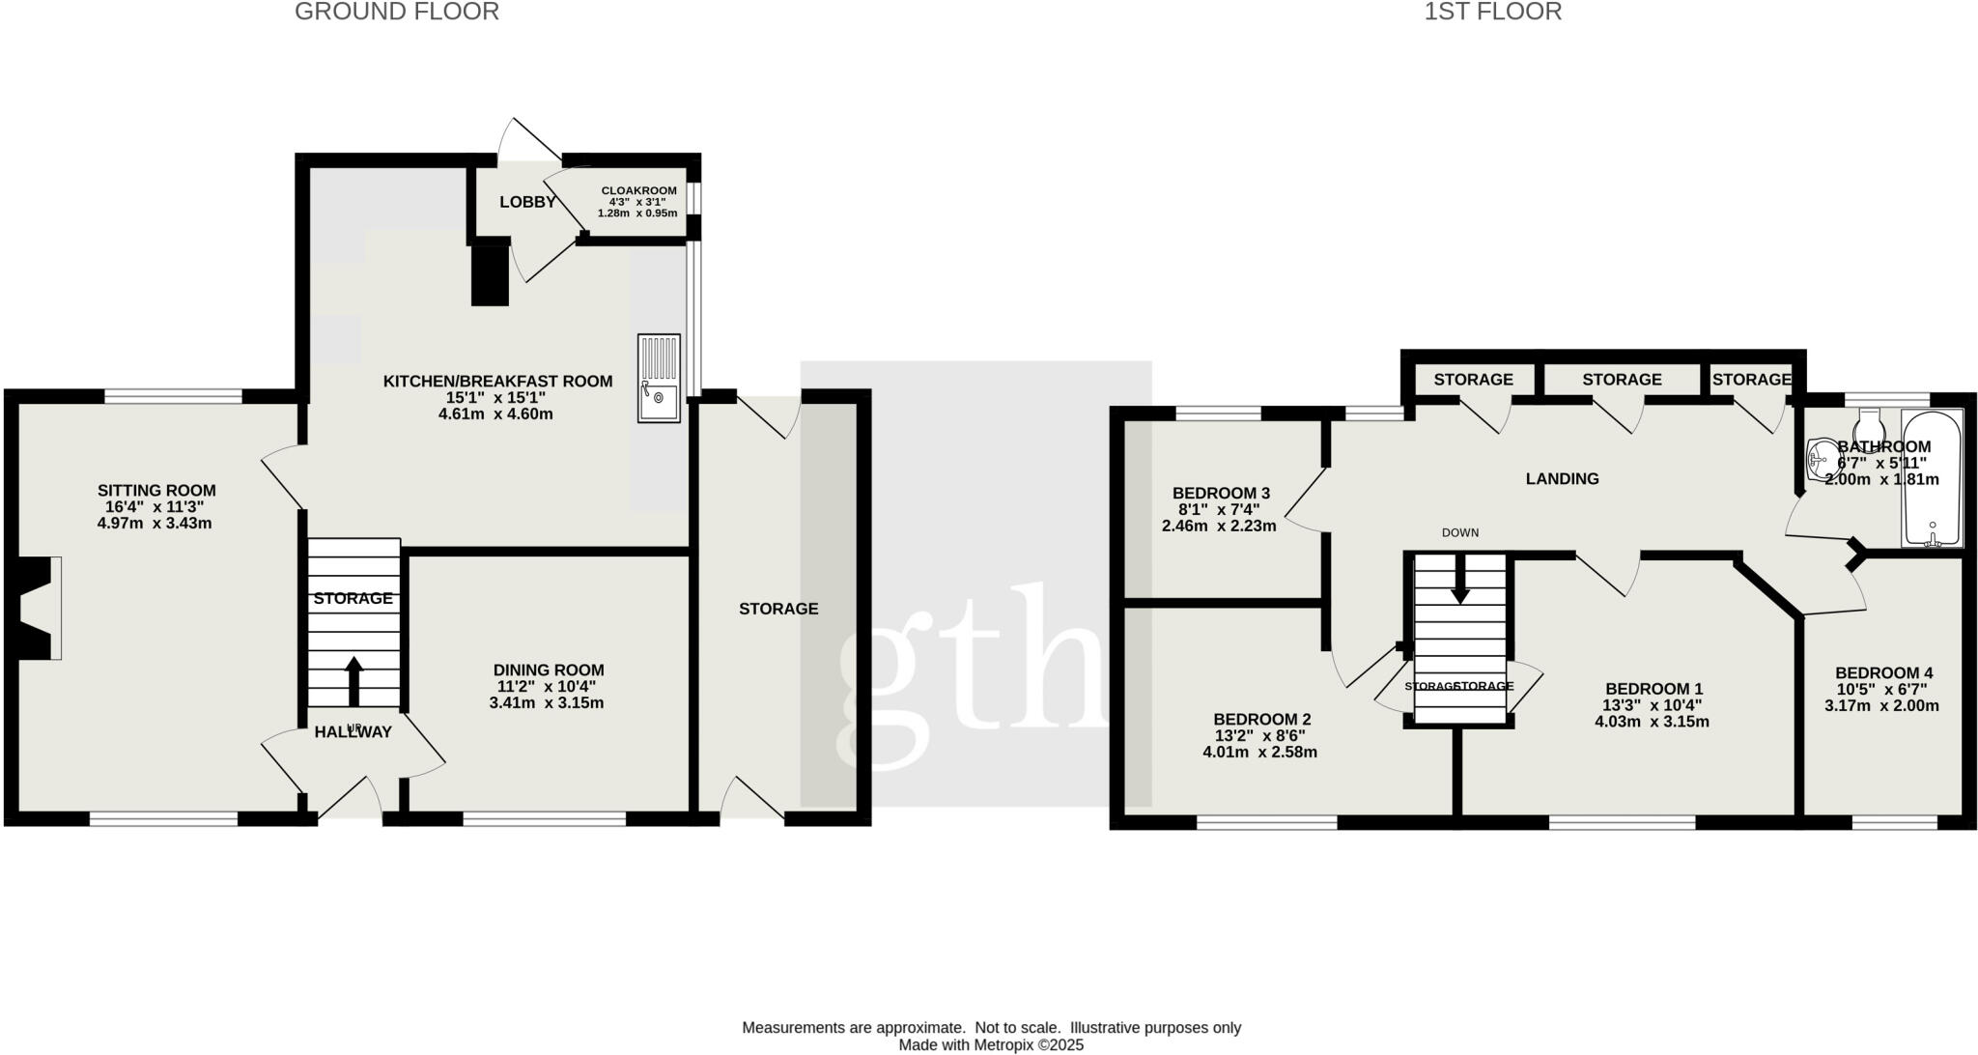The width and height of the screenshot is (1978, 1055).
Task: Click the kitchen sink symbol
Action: click(659, 378)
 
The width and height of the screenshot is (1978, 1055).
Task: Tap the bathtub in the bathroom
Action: click(1932, 478)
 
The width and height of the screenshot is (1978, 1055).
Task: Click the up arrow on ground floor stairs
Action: click(353, 681)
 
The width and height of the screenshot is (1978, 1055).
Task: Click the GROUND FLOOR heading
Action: click(397, 13)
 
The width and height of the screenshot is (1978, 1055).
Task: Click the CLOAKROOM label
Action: click(638, 190)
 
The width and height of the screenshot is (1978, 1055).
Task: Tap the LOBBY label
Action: click(527, 202)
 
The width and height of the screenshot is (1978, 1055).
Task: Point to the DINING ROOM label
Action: click(549, 670)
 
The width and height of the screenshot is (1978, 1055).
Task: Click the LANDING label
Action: click(1562, 478)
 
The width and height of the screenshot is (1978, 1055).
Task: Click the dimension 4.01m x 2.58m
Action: click(1259, 752)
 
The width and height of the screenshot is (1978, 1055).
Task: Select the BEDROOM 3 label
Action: click(1221, 493)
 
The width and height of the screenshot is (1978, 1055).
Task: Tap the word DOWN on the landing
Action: click(1459, 532)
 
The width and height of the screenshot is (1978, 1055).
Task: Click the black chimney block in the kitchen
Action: click(490, 275)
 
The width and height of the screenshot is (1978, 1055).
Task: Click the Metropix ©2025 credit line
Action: click(991, 1044)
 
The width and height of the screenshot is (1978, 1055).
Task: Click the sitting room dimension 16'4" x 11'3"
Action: click(155, 506)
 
